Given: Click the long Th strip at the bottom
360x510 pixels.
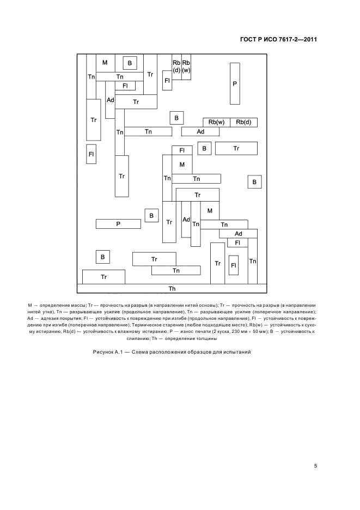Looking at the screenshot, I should (x=172, y=289).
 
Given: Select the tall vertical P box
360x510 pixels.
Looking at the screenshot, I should (x=235, y=83).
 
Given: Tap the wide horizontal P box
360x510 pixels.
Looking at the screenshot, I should (x=118, y=224).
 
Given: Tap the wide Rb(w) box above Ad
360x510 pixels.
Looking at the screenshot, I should (x=216, y=122).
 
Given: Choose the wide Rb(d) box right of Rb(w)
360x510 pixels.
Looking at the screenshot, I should (x=243, y=122).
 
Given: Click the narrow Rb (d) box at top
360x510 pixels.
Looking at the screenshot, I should (x=176, y=66).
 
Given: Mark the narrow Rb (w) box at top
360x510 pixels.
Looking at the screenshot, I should (x=186, y=66).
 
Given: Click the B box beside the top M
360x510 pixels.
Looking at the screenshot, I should (x=130, y=64).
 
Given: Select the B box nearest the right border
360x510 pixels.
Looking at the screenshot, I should (x=254, y=183).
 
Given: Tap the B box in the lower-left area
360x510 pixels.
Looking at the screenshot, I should (x=102, y=257).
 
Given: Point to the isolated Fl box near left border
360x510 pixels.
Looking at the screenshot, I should (x=91, y=154).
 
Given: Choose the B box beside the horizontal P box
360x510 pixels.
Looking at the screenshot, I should (x=151, y=216).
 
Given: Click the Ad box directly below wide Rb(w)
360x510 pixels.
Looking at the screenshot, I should (x=200, y=132).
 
